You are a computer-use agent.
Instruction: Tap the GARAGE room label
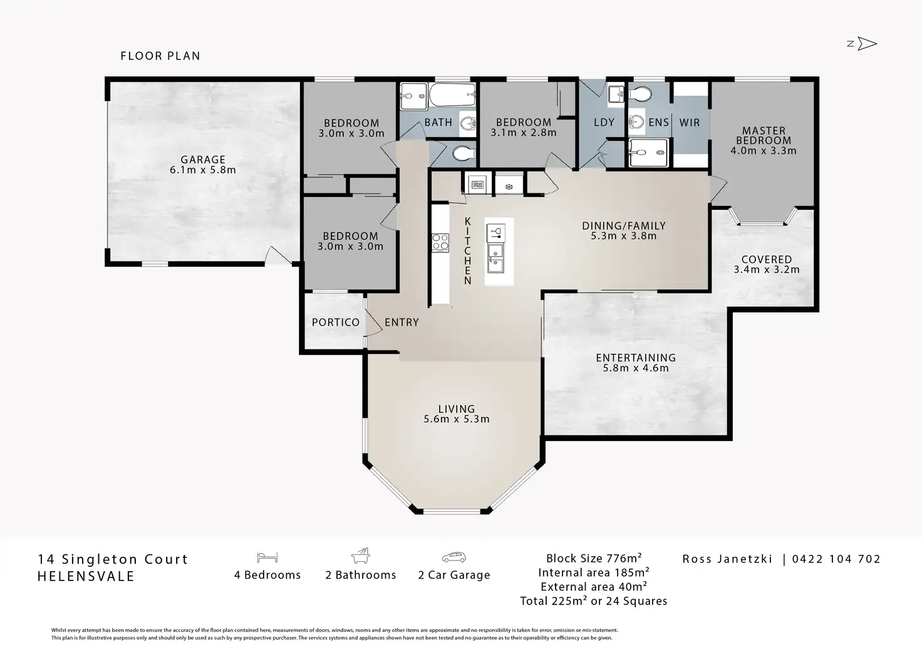203,159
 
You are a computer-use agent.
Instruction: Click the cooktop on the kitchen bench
440,242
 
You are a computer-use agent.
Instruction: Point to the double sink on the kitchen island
495,258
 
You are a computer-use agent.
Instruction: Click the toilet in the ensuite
640,94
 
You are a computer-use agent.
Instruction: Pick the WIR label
690,122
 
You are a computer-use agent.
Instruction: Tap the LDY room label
604,122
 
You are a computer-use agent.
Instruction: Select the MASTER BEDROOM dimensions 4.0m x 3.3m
764,151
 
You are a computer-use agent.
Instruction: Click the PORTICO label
336,323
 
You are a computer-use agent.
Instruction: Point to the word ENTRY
401,323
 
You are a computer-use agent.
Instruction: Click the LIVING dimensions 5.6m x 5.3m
457,419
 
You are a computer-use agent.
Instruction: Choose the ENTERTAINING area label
636,358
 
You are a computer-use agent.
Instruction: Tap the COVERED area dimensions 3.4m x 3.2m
767,269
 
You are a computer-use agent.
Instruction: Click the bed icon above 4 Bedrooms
267,557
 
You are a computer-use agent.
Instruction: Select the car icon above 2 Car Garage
454,557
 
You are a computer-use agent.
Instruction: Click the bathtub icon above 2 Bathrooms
361,556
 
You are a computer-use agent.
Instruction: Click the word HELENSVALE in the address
86,576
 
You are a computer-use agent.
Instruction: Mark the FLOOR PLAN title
160,56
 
